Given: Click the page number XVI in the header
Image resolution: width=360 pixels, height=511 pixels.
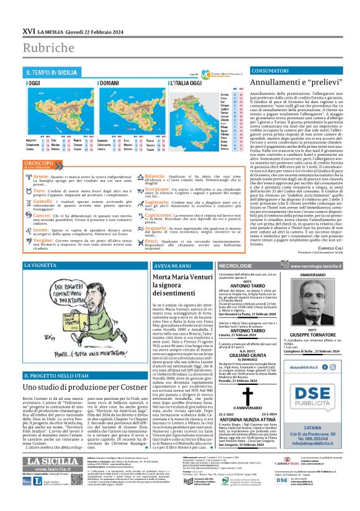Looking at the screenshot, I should [x=29, y=30].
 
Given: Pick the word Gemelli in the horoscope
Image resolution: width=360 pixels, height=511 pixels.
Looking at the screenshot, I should [x=44, y=202].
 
